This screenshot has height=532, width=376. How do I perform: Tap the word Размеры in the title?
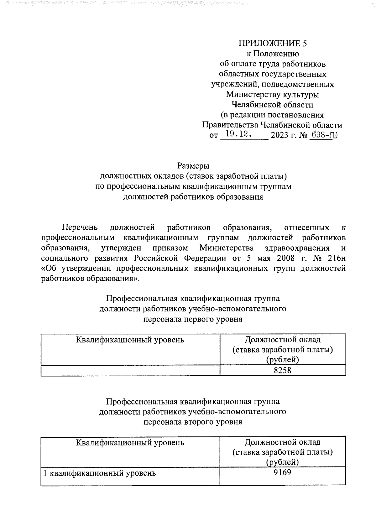(193, 166)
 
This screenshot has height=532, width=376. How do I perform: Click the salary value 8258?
(282, 370)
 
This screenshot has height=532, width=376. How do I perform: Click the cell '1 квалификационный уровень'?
(99, 473)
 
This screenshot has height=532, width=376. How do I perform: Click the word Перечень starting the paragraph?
(80, 227)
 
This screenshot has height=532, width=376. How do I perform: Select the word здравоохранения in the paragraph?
(297, 248)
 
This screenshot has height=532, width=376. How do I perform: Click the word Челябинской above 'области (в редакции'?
(253, 105)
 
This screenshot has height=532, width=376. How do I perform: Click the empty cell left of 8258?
(130, 370)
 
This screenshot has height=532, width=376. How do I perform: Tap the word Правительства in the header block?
(230, 125)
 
